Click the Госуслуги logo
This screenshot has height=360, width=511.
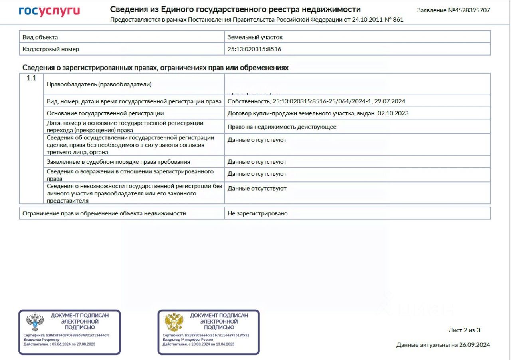click(49, 11)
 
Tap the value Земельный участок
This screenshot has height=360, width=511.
click(255, 37)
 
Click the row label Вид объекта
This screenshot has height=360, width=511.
click(40, 37)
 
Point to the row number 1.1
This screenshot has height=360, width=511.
click(32, 78)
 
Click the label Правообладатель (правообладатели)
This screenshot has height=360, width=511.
click(99, 84)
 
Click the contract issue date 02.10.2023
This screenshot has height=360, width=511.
click(393, 113)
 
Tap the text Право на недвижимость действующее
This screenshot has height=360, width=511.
click(281, 127)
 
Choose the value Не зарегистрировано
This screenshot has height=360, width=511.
click(257, 213)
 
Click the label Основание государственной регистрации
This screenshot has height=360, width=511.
click(105, 113)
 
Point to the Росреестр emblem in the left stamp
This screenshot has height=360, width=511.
click(35, 322)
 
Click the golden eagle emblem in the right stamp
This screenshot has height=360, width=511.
click(174, 322)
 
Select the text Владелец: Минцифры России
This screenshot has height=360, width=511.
click(185, 339)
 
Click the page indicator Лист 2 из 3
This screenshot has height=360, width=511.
click(464, 330)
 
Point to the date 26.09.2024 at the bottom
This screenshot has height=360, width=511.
click(474, 345)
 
